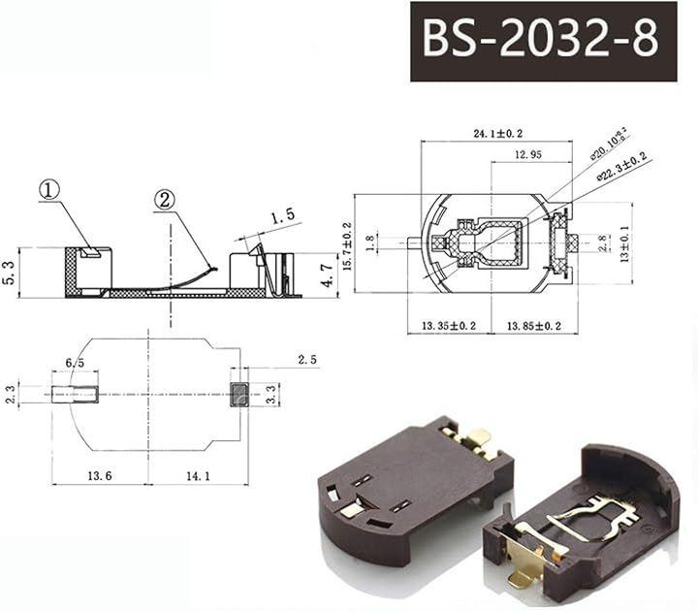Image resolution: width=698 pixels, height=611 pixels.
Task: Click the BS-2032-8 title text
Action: point(539,40)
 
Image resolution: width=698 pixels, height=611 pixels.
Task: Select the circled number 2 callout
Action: point(165,200)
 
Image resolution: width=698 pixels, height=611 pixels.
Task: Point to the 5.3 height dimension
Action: point(10,272)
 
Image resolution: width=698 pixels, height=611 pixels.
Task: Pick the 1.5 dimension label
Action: point(282,218)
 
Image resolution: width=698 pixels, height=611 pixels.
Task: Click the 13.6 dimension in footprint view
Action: point(99,474)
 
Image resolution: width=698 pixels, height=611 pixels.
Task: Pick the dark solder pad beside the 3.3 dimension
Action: point(239,394)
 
